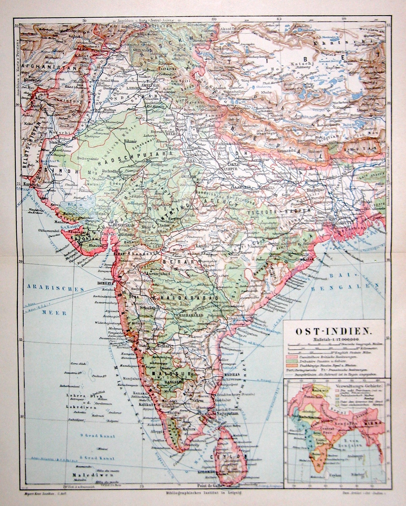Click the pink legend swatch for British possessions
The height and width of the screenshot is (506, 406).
click(292, 356)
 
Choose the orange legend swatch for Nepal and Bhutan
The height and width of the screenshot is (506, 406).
click(292, 365)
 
